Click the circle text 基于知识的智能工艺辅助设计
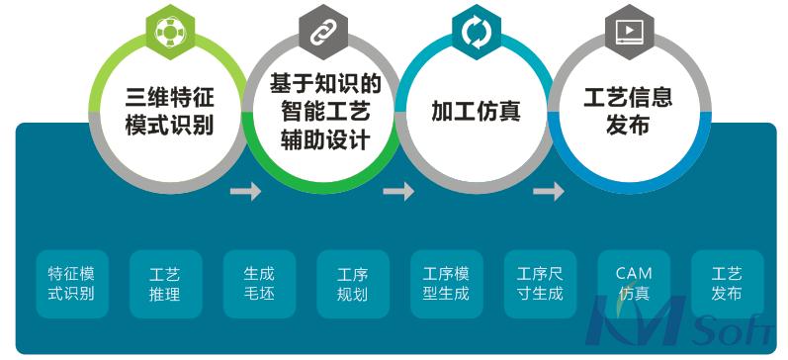[323, 112]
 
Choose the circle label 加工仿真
[476, 111]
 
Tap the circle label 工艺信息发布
[629, 111]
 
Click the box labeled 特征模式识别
[72, 283]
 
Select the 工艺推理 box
[165, 283]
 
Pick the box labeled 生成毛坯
[259, 283]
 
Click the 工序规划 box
[352, 283]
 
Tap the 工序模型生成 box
[446, 283]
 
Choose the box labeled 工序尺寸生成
[540, 283]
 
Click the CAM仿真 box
[634, 283]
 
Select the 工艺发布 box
[727, 283]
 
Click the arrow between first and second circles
[246, 191]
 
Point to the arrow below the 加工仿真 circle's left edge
[398, 191]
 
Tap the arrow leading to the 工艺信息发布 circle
[549, 191]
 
